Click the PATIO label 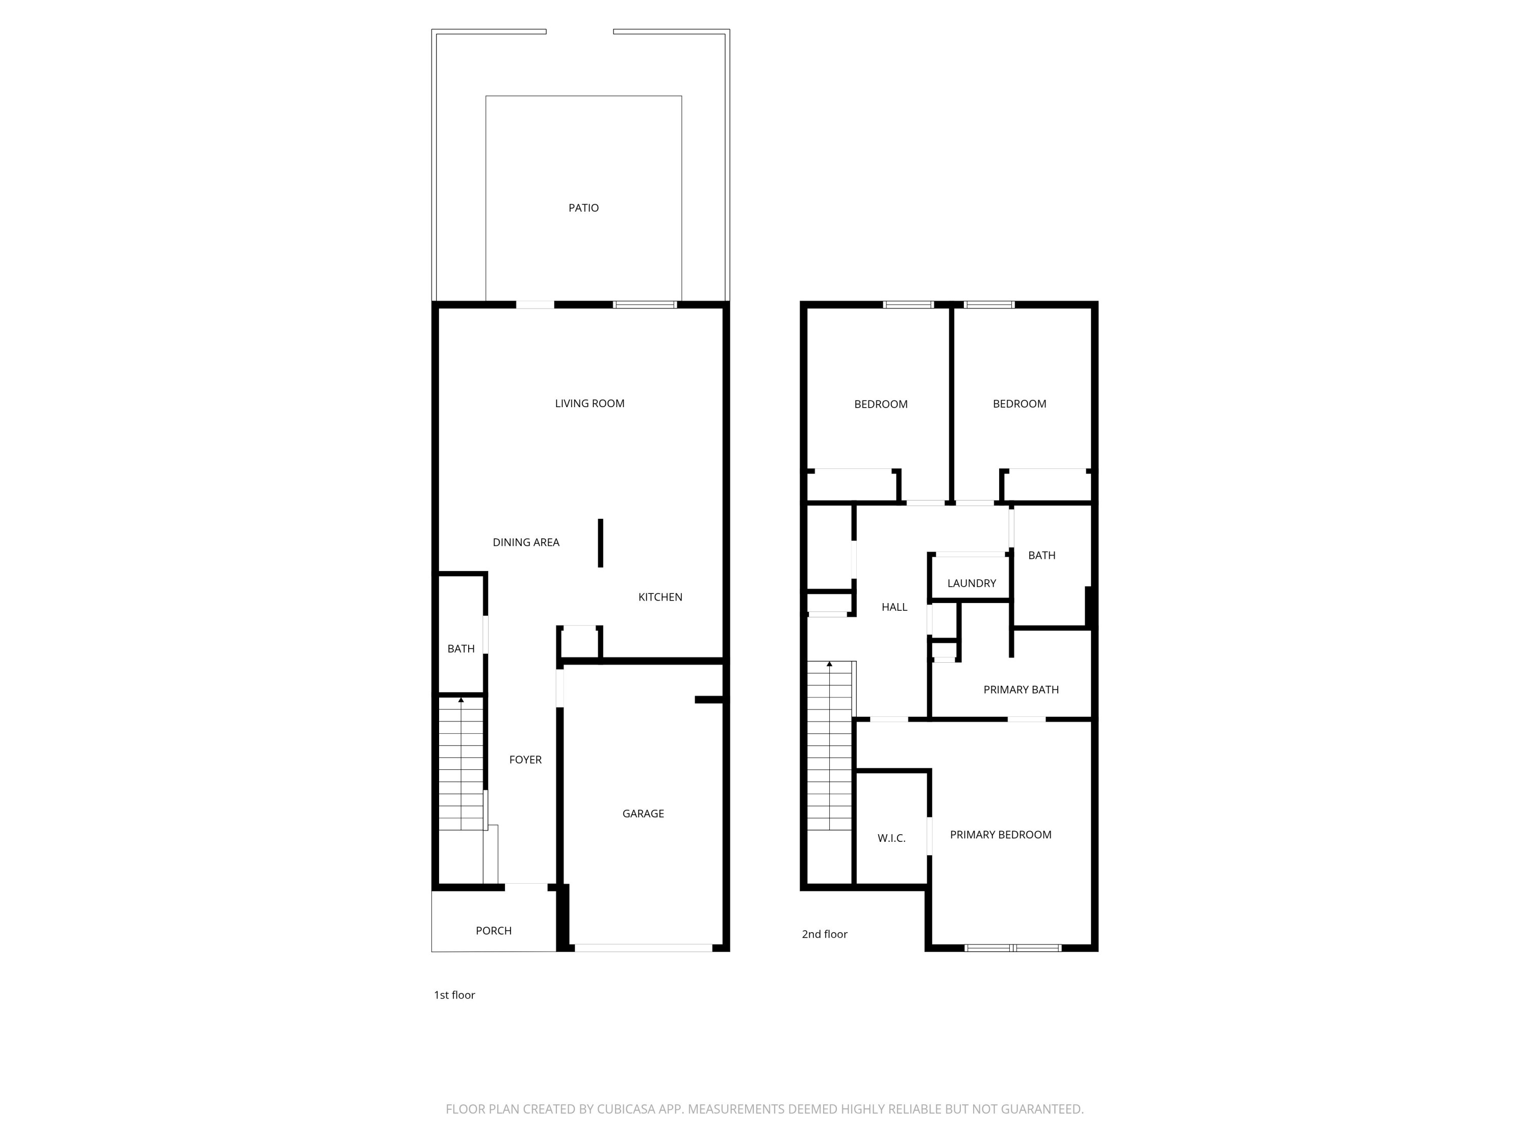583,208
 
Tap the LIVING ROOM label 590,404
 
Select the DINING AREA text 526,542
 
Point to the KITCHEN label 660,597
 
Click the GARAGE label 643,814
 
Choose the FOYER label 525,760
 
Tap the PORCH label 493,931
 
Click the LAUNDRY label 971,583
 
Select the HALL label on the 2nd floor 894,608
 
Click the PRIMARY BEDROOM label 1000,835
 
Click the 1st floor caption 454,995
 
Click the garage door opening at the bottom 643,948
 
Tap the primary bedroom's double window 1013,948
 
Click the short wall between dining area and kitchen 600,543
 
